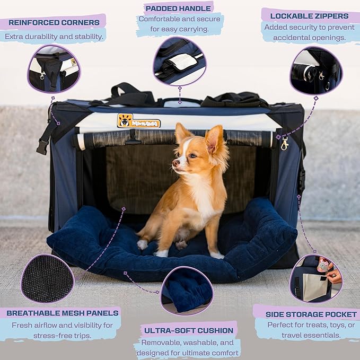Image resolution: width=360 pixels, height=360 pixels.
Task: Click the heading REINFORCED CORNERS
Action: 54,22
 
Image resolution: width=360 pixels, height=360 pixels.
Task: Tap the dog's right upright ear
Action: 215,139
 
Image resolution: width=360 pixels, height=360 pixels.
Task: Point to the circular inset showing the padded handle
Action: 179,61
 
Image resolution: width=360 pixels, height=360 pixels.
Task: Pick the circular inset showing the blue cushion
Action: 186,291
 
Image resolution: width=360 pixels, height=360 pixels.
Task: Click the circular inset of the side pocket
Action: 315,279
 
